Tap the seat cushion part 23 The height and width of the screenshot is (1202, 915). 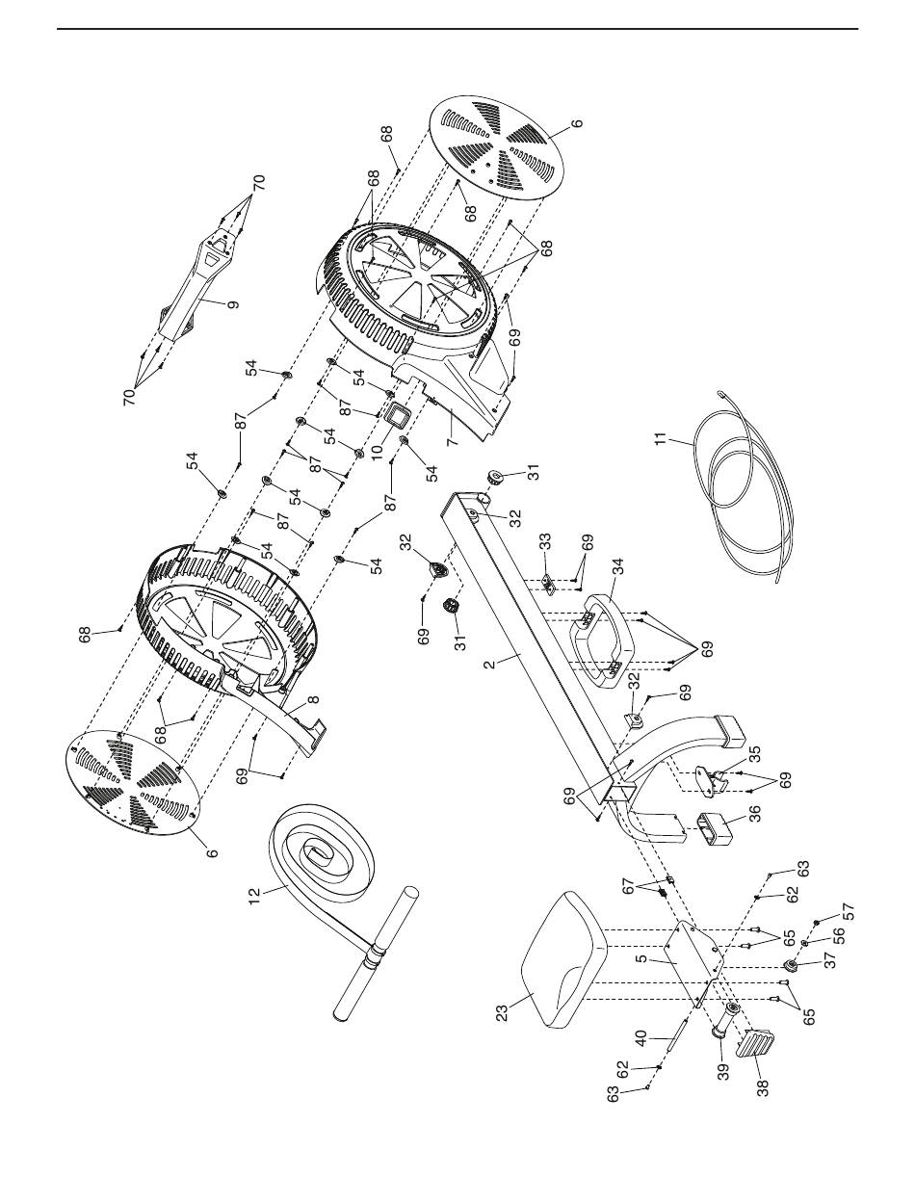pyautogui.click(x=563, y=960)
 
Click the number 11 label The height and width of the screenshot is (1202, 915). pyautogui.click(x=661, y=438)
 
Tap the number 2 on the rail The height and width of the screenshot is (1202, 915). pyautogui.click(x=489, y=665)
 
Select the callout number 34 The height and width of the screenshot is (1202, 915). pyautogui.click(x=618, y=567)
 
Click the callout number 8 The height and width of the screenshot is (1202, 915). pyautogui.click(x=314, y=699)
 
